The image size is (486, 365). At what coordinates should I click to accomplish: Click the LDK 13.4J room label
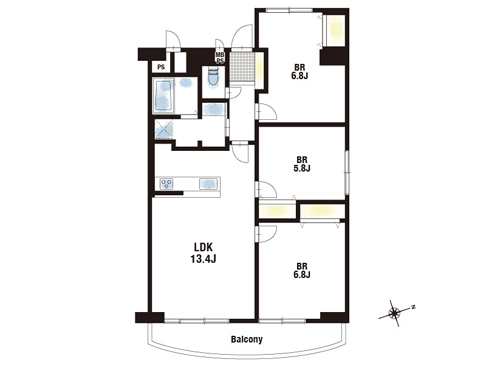pos(203,252)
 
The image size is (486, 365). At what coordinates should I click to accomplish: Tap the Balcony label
pos(247,339)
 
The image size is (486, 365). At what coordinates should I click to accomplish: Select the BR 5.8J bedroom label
pos(302,164)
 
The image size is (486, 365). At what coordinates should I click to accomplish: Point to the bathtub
pos(163,96)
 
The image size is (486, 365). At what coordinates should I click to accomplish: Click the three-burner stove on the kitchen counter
pos(166,184)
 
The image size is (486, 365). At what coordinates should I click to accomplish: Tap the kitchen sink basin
pos(208,184)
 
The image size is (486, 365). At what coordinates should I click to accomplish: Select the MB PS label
pos(220,58)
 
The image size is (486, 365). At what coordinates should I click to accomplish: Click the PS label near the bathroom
pos(161,67)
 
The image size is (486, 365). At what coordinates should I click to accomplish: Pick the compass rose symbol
pos(394,313)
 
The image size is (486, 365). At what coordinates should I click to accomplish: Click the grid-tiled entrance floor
pos(242,66)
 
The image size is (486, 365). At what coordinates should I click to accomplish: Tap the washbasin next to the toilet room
pos(214,109)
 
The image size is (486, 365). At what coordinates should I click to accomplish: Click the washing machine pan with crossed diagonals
pos(164,129)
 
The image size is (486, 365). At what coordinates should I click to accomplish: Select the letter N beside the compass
pos(413,307)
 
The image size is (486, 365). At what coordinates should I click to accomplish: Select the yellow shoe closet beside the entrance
pos(259,71)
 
